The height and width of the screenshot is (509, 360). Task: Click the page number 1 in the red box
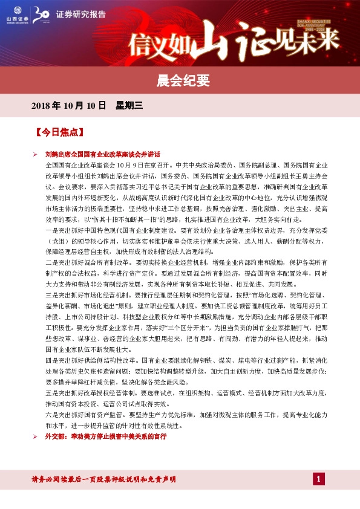[319, 479]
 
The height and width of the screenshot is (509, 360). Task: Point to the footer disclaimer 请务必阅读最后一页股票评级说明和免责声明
[103, 479]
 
